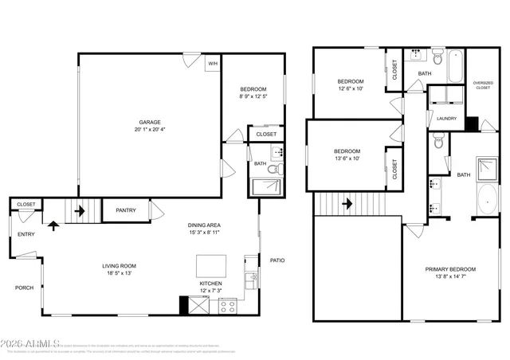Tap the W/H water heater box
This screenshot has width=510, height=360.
(x=213, y=64)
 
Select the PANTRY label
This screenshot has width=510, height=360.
(x=126, y=210)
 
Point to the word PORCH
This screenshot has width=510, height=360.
(x=24, y=288)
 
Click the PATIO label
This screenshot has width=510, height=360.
(x=277, y=260)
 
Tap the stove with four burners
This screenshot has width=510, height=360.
(x=227, y=305)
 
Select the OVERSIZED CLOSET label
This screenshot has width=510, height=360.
(x=483, y=84)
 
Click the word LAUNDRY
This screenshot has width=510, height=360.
(x=446, y=119)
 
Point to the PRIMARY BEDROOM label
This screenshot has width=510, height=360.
(x=450, y=269)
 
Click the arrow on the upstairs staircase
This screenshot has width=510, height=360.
(x=347, y=204)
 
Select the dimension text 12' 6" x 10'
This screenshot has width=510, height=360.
(x=350, y=89)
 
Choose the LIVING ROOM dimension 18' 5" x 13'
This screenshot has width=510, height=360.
(x=116, y=273)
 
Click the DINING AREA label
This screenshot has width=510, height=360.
(x=205, y=225)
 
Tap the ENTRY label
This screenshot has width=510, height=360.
(x=26, y=234)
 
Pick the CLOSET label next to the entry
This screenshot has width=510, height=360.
(x=26, y=205)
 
